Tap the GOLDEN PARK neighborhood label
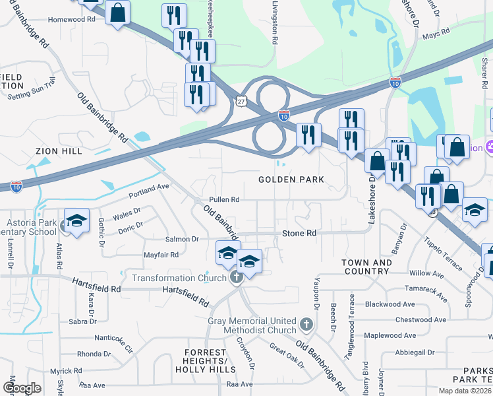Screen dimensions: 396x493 [x=291, y=180]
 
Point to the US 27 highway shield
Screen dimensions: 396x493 [x=242, y=100]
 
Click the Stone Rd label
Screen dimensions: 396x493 [x=299, y=233]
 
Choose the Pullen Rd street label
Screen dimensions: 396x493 [x=223, y=199]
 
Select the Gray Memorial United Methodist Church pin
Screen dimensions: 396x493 [x=305, y=324]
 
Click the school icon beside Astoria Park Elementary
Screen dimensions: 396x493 [x=76, y=220]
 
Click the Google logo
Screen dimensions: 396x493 [x=22, y=388]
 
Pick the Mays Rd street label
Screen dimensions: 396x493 [x=436, y=31]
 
